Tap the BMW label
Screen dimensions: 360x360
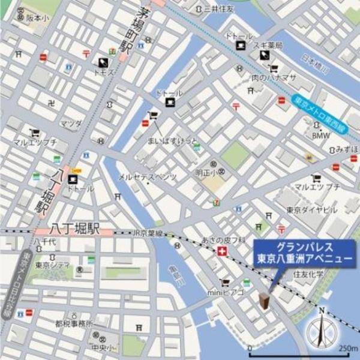321,136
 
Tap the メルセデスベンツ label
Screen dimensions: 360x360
147,177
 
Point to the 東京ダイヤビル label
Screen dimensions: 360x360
311,210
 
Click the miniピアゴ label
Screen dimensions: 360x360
226,292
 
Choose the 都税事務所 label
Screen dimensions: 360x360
73,323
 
